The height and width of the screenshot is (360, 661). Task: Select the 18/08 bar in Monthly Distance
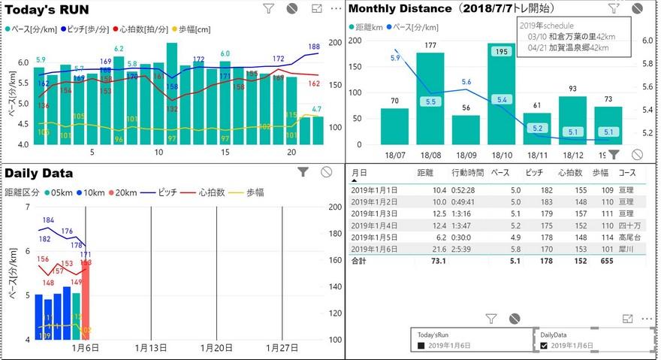pos(430,98)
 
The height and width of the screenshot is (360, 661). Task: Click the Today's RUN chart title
pos(47,10)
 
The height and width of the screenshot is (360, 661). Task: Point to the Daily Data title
pos(38,172)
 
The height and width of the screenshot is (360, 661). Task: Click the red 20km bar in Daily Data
pos(86,301)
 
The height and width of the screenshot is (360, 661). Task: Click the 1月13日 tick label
pos(150,348)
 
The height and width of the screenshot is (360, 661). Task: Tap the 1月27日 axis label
pos(282,348)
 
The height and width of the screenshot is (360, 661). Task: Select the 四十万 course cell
pos(626,225)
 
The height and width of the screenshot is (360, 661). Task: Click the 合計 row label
pos(361,261)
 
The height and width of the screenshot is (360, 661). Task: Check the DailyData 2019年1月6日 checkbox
pos(545,346)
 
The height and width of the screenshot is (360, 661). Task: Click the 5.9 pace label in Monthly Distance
pos(395,57)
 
